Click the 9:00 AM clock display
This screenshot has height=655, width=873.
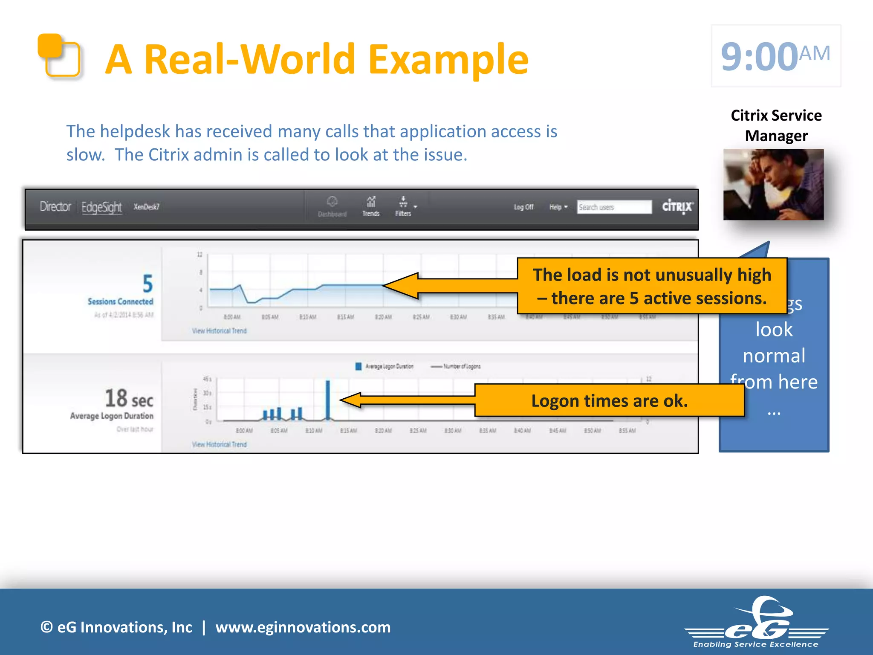(x=775, y=56)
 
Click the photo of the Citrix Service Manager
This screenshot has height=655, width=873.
(x=773, y=184)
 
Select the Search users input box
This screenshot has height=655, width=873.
(x=614, y=207)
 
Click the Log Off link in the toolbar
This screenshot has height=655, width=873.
(x=523, y=207)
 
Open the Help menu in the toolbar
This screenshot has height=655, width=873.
(x=558, y=207)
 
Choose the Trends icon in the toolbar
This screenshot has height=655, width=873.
(x=371, y=206)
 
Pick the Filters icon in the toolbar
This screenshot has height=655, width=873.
(x=403, y=206)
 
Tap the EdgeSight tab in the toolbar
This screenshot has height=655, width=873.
(x=101, y=207)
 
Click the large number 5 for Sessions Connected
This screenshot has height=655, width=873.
(x=147, y=284)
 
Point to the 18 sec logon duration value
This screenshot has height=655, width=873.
(x=129, y=399)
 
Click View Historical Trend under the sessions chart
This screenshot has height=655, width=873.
(x=219, y=331)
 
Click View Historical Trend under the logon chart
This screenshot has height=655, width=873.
(x=219, y=444)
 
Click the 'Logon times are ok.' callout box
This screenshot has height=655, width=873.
(x=609, y=400)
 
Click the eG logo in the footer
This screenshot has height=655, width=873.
(x=757, y=623)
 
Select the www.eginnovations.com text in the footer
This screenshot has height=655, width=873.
(x=303, y=627)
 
